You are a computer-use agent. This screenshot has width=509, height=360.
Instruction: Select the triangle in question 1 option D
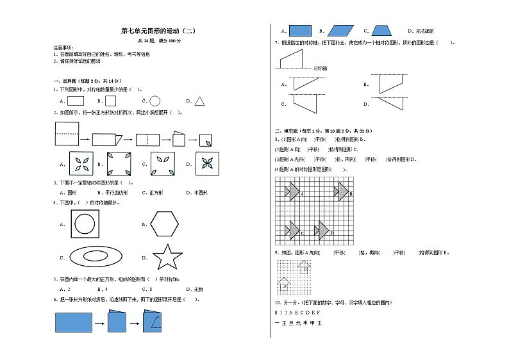[x=199, y=101]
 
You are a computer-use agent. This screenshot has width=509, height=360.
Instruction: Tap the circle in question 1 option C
[x=154, y=101]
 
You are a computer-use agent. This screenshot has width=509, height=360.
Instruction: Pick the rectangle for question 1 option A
[x=76, y=101]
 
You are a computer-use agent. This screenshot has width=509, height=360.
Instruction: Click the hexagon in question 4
[x=165, y=224]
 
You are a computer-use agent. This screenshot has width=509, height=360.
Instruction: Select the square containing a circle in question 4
[x=85, y=224]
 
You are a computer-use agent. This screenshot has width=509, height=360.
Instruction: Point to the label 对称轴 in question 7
[x=321, y=68]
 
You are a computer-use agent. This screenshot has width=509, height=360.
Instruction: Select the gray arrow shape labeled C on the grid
[x=294, y=229]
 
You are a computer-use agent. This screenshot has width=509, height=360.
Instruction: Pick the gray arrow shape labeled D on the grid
[x=322, y=229]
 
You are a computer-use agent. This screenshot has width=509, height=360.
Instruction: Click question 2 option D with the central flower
[x=206, y=163]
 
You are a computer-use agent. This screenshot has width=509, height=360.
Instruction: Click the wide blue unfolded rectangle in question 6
[x=74, y=322]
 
